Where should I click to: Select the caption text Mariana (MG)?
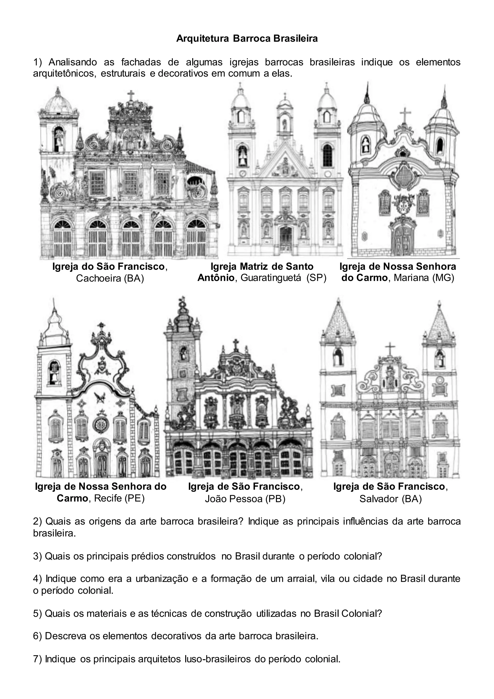pyautogui.click(x=424, y=278)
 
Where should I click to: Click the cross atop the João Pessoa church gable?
pyautogui.click(x=235, y=344)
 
